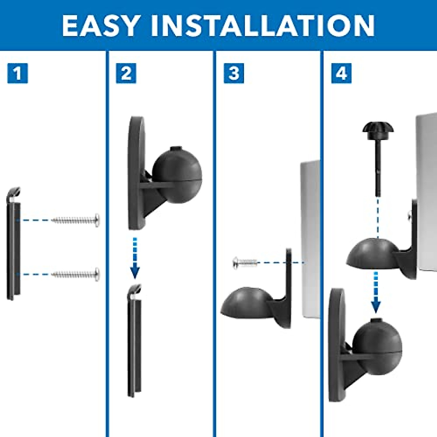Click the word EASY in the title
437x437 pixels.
(101, 25)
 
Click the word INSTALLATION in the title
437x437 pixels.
(263, 25)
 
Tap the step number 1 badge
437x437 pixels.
(17, 73)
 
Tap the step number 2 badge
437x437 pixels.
(126, 73)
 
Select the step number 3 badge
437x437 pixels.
(234, 73)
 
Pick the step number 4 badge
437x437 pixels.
(341, 73)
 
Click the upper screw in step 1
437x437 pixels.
(76, 220)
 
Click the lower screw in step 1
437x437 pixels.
(76, 274)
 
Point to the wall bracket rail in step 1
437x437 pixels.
(13, 248)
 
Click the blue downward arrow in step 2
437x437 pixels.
(135, 259)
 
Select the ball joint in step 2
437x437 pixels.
(177, 175)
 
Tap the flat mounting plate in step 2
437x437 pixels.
(136, 173)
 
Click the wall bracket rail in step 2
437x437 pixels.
(134, 342)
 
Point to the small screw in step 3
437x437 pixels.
(245, 262)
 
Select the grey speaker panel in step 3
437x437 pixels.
(310, 237)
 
